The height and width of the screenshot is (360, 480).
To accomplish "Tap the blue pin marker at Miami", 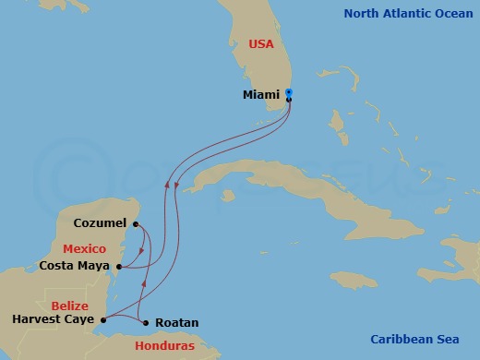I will [x=289, y=93].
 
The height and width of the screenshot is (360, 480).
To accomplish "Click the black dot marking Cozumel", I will [x=135, y=223].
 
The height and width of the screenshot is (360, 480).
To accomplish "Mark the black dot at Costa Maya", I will [x=118, y=266].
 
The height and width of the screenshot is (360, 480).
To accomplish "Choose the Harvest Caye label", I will [x=53, y=320].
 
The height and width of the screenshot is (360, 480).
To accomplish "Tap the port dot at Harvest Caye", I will [x=102, y=320].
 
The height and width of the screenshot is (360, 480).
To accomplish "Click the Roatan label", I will [x=175, y=323].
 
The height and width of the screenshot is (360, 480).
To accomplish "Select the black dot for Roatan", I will [x=146, y=322].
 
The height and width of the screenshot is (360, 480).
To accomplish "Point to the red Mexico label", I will [x=84, y=248].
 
